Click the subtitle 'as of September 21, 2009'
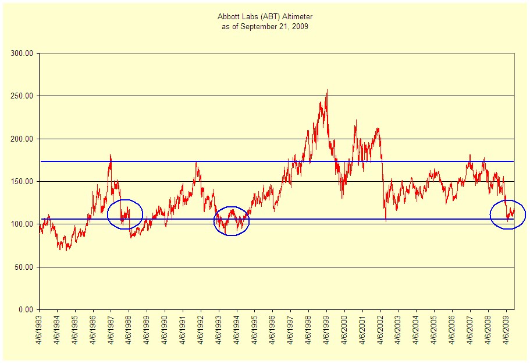[264, 27]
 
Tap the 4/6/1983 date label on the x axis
[40, 334]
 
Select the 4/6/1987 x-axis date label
[111, 334]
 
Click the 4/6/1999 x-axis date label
[326, 334]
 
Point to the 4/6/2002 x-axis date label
[380, 334]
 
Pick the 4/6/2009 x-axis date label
[506, 334]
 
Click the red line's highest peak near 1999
[327, 90]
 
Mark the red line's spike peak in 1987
[110, 154]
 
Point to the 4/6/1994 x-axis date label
[237, 334]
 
